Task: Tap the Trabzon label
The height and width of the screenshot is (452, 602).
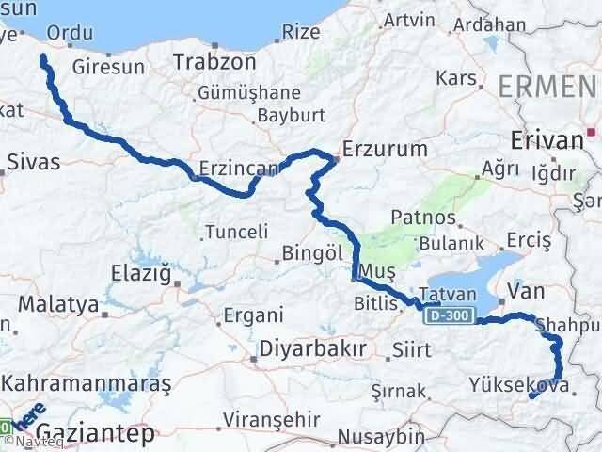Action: [214, 62]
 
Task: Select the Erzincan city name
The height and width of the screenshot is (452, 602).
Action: [235, 169]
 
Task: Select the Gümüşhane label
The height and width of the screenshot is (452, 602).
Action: [249, 93]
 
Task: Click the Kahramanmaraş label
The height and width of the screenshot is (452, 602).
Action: [87, 384]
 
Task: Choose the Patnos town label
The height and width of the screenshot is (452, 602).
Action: [431, 218]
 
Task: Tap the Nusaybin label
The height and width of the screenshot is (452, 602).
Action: [381, 437]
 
